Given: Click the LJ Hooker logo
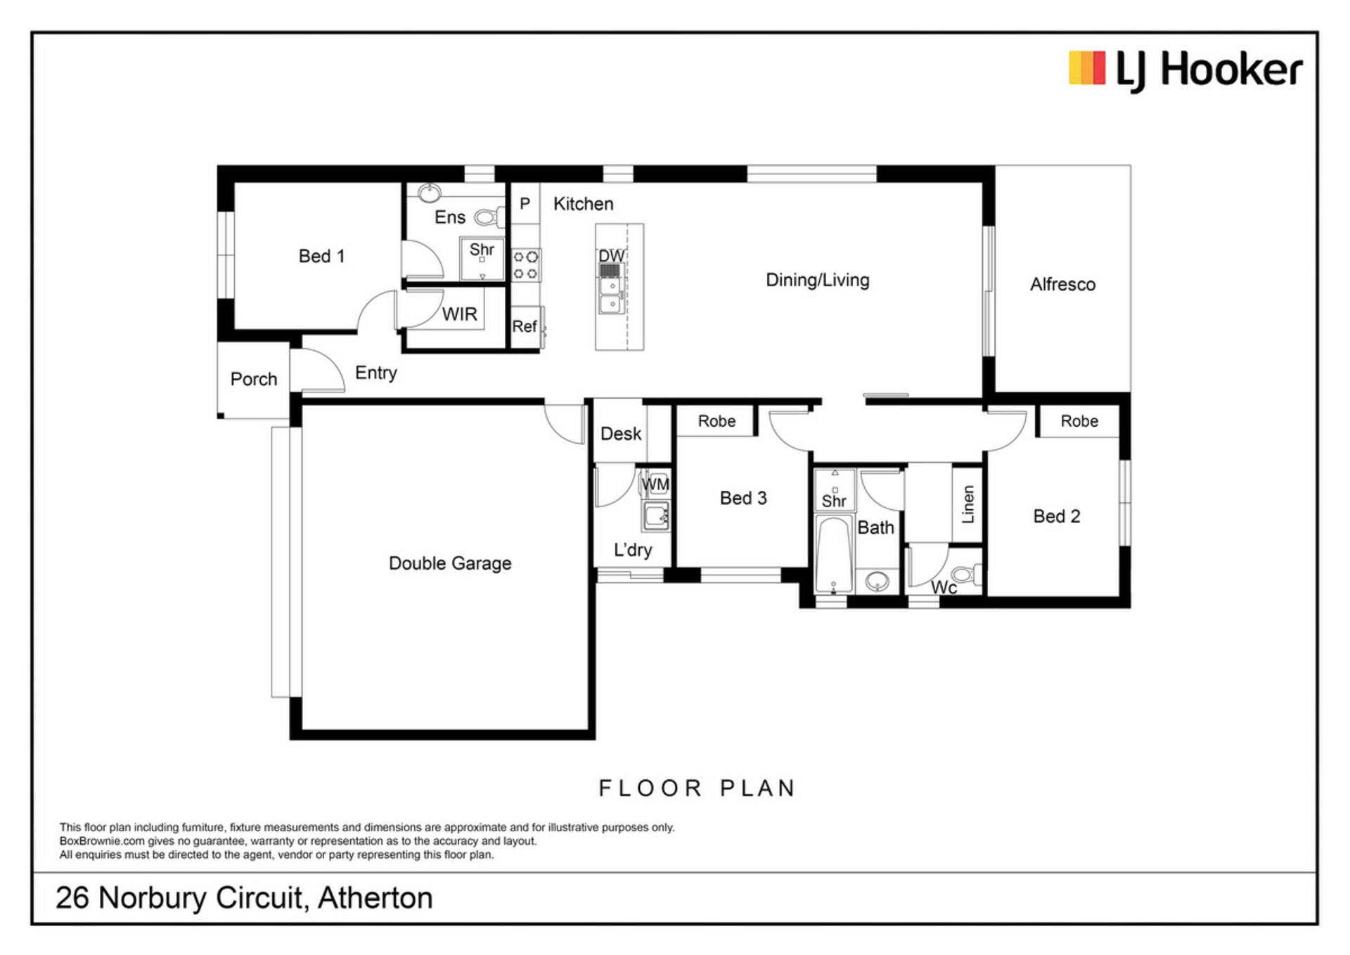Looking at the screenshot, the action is pos(1185,70).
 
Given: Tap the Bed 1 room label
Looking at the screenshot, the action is pos(321,256).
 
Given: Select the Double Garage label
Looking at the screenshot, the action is pos(450,563).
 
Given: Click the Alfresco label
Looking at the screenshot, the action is pos(1062,284).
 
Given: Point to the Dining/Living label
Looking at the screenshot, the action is pos(817,280).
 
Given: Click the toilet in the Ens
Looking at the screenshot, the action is pos(489,217).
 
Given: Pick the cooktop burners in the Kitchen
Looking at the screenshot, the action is pos(525,264).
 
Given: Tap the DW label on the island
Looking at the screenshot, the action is pos(611,256).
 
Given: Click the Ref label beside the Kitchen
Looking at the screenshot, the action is pos(524,326).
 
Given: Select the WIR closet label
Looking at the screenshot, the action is pos(459,314).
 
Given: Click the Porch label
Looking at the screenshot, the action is pos(254,379).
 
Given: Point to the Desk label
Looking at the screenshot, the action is pos(621,434).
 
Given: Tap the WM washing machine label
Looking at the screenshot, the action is pos(655,485).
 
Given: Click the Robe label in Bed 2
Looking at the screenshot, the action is pos(1079,421).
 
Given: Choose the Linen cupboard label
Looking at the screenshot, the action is pos(968,504).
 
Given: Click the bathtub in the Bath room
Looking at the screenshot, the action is pos(834,555).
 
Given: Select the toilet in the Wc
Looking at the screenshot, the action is pos(967,575).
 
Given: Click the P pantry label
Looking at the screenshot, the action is pos(525,204).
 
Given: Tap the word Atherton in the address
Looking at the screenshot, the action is pos(375,898).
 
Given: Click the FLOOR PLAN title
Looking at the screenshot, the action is pos(697,788).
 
